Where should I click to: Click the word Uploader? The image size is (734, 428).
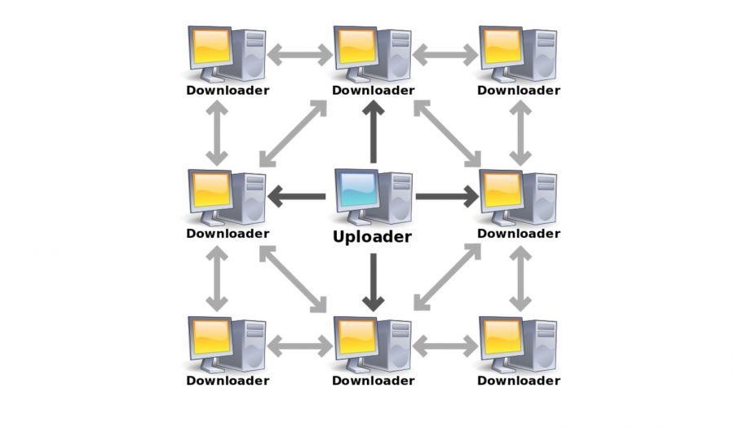tap(372, 237)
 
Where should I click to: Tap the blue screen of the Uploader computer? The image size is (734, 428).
tap(360, 189)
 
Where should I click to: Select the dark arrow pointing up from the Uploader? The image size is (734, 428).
tap(373, 132)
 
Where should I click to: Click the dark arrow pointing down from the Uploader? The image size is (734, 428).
tap(373, 283)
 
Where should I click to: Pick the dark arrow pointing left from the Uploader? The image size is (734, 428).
tap(296, 196)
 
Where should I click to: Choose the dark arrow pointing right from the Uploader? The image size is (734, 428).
tap(447, 196)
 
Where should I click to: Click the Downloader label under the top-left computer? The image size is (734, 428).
tap(228, 91)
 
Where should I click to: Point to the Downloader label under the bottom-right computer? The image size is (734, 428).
tap(519, 381)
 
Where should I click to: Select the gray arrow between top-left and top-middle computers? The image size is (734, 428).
tap(299, 55)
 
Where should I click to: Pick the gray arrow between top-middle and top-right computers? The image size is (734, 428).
tap(445, 55)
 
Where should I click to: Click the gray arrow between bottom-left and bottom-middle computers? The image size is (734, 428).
tap(299, 346)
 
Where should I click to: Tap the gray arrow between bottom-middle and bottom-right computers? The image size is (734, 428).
tap(445, 346)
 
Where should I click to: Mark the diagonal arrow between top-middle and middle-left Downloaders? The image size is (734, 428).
tap(293, 134)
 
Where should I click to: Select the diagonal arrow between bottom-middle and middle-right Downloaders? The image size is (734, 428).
tap(448, 277)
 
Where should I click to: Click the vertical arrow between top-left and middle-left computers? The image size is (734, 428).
tap(217, 133)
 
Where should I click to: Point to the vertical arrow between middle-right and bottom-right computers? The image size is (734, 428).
tap(520, 279)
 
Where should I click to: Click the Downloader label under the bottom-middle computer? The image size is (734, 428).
tap(373, 381)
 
